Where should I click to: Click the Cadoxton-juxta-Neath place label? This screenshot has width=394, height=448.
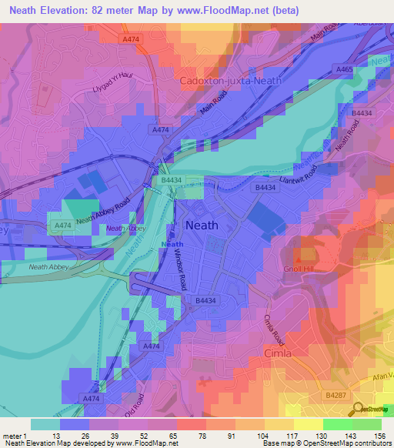click(230, 80)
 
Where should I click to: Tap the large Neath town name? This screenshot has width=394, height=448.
click(202, 226)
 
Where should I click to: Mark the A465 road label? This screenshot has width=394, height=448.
click(344, 69)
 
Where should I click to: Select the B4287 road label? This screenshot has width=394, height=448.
click(335, 395)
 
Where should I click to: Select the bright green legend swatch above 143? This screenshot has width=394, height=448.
click(337, 424)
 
